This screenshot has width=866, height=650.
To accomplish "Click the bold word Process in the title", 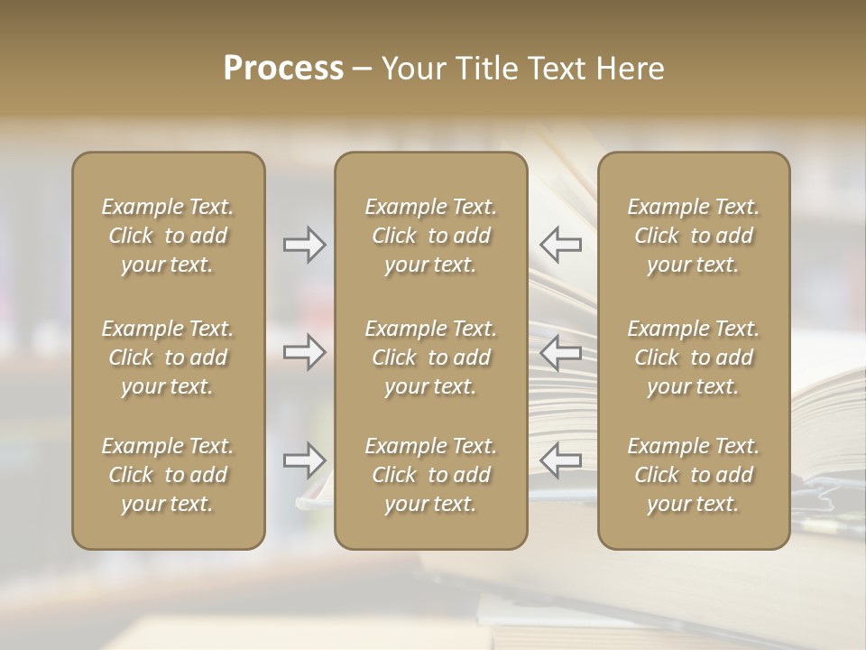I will [283, 69].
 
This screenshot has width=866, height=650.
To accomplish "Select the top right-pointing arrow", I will [304, 244].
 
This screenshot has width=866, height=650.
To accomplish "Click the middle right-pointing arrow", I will [304, 352].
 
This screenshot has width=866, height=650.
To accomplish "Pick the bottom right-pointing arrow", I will [304, 460].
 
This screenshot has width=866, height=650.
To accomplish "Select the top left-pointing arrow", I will [561, 244].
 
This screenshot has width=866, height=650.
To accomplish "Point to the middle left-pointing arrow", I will [561, 352].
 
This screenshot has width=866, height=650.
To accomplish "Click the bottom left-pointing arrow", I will [561, 460].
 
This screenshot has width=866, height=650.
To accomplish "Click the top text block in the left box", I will [168, 236].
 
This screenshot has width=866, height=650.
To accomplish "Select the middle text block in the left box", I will [168, 357].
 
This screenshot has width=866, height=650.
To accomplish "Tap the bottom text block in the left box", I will [168, 475].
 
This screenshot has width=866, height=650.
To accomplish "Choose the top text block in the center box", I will [430, 236].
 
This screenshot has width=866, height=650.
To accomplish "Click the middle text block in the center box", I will [430, 357].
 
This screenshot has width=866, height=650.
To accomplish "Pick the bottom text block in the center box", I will [430, 475].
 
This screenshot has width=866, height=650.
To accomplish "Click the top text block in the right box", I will [693, 236].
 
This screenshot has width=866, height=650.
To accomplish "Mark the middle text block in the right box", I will [693, 357].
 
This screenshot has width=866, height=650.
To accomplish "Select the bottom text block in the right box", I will [693, 475].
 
